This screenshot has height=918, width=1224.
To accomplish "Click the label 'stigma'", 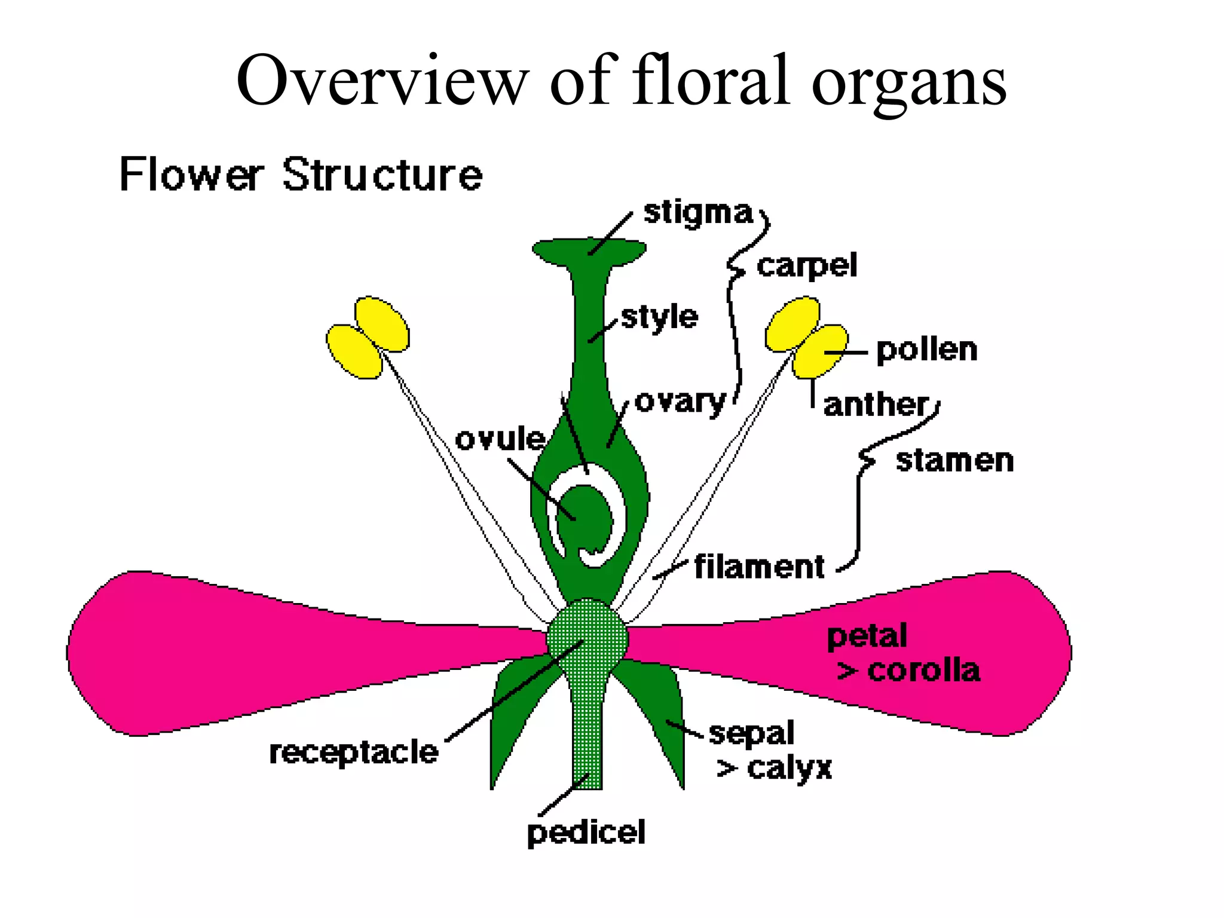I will (x=697, y=213).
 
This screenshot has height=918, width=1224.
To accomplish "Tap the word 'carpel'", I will (x=806, y=266).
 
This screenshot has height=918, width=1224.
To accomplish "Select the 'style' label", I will (x=659, y=317).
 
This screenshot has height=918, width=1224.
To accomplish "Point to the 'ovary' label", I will (x=680, y=402).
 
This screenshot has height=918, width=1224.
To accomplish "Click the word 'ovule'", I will (x=500, y=440).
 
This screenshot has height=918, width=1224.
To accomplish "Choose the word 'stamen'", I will (x=954, y=461).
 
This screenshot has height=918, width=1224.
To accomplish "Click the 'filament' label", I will (x=759, y=567).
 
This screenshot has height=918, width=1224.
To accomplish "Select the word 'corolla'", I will (x=923, y=671).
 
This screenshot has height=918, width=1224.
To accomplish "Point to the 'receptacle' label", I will (x=354, y=752).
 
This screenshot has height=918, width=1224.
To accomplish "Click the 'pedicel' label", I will (x=586, y=833).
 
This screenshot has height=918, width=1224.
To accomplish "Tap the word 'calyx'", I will (x=789, y=768).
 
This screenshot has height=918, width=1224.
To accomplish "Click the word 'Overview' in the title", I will (x=382, y=81).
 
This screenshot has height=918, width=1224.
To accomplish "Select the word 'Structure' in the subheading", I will (x=382, y=175).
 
